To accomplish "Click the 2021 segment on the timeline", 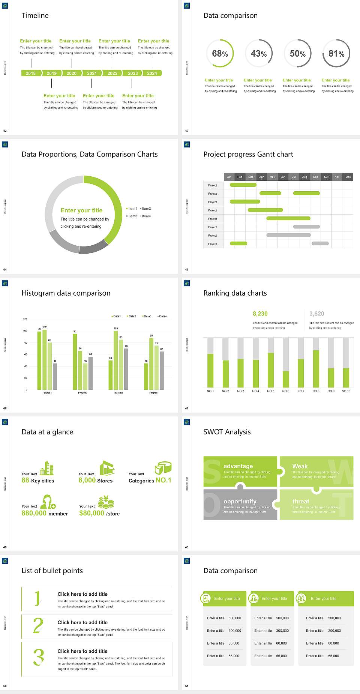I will point(92,73).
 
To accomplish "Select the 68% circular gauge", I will point(220,54).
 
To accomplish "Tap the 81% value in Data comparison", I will point(336,54).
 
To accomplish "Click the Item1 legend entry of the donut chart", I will point(132,209).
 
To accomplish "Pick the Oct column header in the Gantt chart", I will point(326,177).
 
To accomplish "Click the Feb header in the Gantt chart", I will point(240,177).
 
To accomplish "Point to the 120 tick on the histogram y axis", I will point(25,319).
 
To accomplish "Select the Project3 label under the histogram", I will point(118,393).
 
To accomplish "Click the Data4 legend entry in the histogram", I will point(162,316).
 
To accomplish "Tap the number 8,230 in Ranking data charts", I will point(260,314).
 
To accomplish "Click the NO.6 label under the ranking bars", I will point(286,391).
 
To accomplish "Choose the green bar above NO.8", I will point(316,368).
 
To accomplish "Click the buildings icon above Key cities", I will point(47,468).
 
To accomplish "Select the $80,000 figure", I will point(91,513).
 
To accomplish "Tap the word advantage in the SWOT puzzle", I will point(238,466).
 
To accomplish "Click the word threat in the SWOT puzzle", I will point(301,501).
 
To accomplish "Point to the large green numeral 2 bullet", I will point(38,626).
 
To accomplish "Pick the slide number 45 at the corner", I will point(187,269).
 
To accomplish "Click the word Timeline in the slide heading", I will point(35,15).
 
